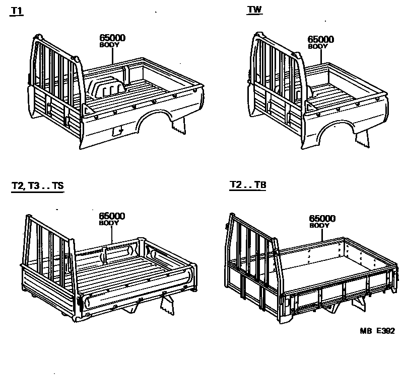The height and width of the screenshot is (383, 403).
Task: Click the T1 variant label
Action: pos(16,11)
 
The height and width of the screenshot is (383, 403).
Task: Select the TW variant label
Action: pos(255,10)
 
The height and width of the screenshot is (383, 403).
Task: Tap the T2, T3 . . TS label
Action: pos(37,186)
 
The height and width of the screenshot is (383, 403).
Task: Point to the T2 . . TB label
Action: pos(247,185)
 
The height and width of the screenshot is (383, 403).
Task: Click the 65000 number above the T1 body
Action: pos(111,38)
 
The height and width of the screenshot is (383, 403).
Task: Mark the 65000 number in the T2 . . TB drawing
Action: pos(322,218)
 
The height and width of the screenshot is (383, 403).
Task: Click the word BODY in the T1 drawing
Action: pos(110,45)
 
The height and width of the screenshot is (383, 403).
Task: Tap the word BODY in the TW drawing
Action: pos(318,46)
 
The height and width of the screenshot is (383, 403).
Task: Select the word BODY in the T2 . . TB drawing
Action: pos(319,226)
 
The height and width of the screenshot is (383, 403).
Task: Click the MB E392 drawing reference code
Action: pos(377,331)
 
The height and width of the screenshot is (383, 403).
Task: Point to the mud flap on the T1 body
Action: pos(178,129)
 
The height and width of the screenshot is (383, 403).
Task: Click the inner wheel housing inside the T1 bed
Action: pos(107,88)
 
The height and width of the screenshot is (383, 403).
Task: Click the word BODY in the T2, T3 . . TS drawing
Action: pos(109,223)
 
